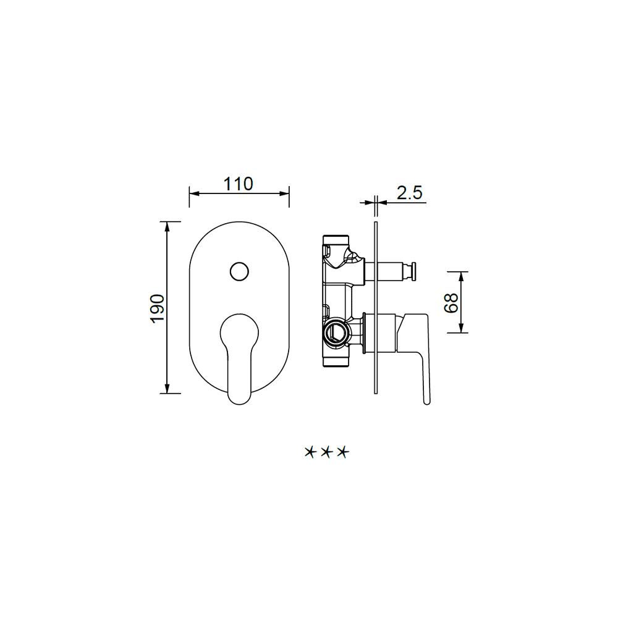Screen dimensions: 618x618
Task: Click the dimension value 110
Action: (x=238, y=184)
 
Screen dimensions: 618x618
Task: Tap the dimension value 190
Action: (x=158, y=308)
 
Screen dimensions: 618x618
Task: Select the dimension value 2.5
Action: (x=410, y=193)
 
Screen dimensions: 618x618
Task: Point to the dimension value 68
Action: (x=451, y=303)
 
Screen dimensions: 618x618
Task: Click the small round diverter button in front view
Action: (x=239, y=271)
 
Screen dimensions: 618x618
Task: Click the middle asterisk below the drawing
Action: (x=326, y=452)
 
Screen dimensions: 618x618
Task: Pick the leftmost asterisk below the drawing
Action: (x=311, y=452)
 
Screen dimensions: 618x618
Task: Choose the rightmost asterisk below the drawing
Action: (x=343, y=452)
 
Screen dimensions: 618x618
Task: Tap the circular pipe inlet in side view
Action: (x=335, y=331)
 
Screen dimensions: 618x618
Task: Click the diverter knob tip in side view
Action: (x=413, y=271)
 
